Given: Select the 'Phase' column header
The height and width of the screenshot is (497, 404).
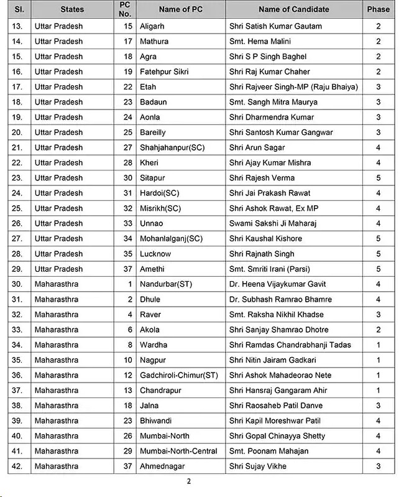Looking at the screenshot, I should point(378,9).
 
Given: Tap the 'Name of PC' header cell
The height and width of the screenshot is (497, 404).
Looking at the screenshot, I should point(180,9).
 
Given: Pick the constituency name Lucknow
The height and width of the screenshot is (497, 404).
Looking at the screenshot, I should point(155,254).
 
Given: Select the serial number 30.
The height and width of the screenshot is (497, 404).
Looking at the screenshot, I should point(18,284).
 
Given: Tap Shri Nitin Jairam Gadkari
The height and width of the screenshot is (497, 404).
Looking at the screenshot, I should point(273,360).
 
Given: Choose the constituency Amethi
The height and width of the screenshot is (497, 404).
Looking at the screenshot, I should point(152,269).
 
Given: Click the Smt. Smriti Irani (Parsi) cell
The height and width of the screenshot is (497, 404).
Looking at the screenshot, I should point(269,269).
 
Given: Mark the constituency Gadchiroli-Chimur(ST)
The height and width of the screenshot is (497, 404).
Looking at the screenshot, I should point(179,375).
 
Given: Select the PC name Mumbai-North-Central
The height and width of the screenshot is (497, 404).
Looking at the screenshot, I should point(178,451).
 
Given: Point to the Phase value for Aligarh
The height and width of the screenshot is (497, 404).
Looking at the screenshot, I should point(378,26).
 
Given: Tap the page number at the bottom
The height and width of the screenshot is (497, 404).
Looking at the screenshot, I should point(189,481).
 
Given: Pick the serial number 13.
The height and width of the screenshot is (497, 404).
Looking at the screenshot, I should point(18,26).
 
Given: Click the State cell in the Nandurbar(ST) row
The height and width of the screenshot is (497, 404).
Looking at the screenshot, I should point(57,284).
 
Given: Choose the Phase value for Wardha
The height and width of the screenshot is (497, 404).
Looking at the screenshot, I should point(378,345).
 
